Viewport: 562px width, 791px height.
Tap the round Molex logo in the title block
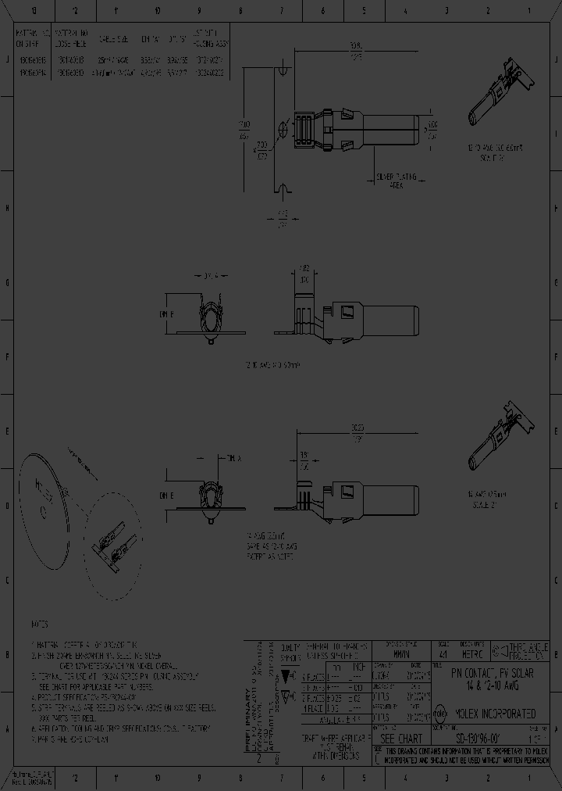pos(439,714)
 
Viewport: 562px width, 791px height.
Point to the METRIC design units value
pos(474,652)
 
